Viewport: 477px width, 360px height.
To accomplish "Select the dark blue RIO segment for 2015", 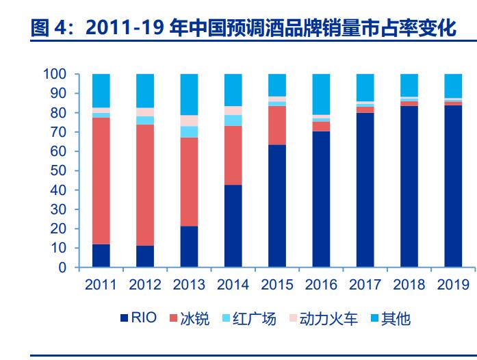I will [x=277, y=206].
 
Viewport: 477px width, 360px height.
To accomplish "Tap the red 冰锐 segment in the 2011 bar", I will [x=101, y=181].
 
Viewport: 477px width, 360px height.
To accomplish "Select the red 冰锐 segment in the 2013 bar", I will [x=189, y=181].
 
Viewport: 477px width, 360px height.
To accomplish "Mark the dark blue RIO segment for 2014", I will [x=233, y=226].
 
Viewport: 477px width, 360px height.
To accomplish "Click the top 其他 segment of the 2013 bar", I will [x=189, y=94].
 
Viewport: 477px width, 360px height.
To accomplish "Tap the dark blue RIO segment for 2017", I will [x=365, y=190].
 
